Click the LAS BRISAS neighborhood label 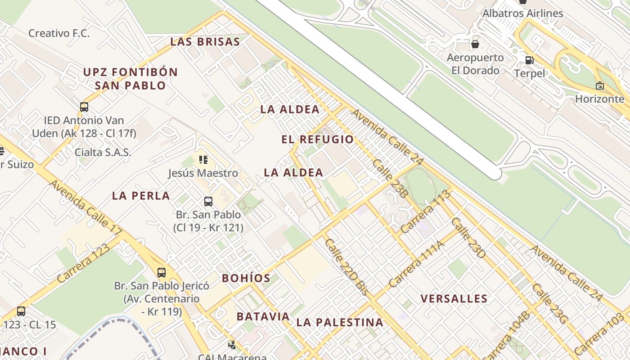tap(205, 42)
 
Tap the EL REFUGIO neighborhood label tap(318, 139)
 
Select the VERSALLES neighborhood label tap(454, 299)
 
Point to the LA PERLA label tap(141, 196)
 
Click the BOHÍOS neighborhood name tap(246, 278)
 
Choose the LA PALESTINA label tap(340, 322)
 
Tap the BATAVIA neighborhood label tap(263, 316)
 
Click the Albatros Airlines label tap(522, 13)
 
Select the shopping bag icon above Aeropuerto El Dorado tap(475, 44)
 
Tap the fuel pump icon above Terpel tap(530, 60)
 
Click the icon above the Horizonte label tap(599, 85)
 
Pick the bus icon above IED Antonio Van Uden tap(84, 107)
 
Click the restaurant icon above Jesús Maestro tap(203, 160)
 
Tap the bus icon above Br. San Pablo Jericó tap(162, 272)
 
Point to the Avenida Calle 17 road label tap(85, 207)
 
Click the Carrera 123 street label tap(84, 264)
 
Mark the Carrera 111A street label tap(416, 264)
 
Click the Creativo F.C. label tap(59, 33)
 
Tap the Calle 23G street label tap(550, 303)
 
